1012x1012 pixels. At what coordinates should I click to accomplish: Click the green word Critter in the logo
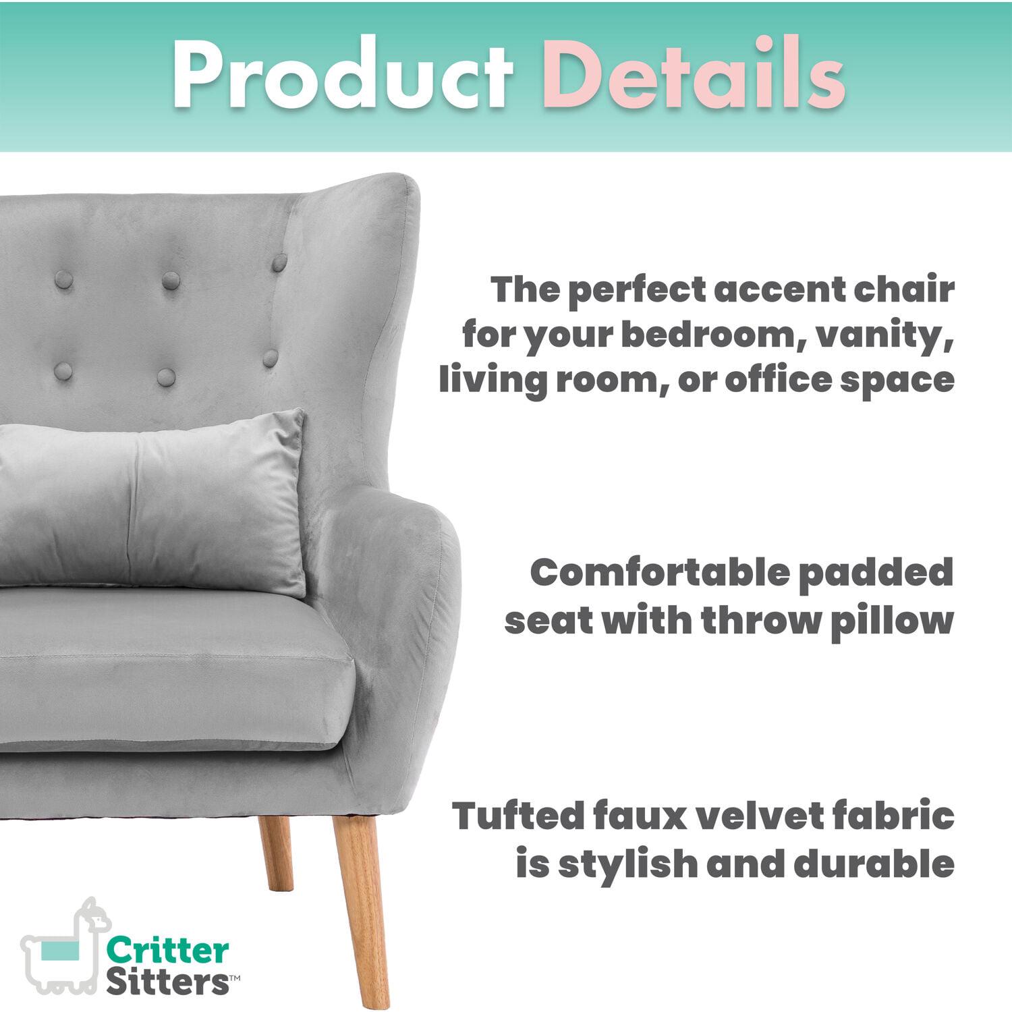pos(168,951)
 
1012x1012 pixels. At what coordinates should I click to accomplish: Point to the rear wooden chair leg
pos(276,857)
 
